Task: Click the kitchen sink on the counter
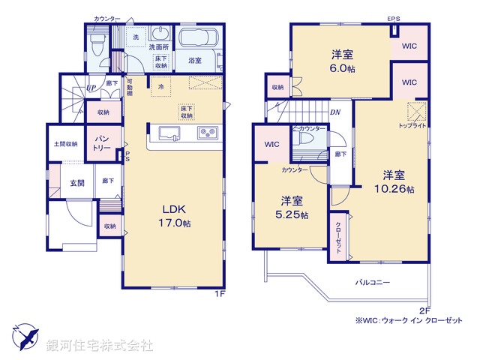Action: pyautogui.click(x=169, y=134)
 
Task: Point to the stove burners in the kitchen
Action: pyautogui.click(x=208, y=134)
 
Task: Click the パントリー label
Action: pyautogui.click(x=102, y=142)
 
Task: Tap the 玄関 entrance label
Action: pyautogui.click(x=77, y=182)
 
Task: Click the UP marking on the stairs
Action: pyautogui.click(x=91, y=88)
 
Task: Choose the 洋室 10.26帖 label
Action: pyautogui.click(x=394, y=182)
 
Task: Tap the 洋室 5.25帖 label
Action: pyautogui.click(x=293, y=208)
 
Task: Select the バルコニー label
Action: pyautogui.click(x=373, y=283)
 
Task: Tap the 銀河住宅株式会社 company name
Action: pyautogui.click(x=100, y=346)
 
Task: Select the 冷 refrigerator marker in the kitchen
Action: pyautogui.click(x=160, y=86)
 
